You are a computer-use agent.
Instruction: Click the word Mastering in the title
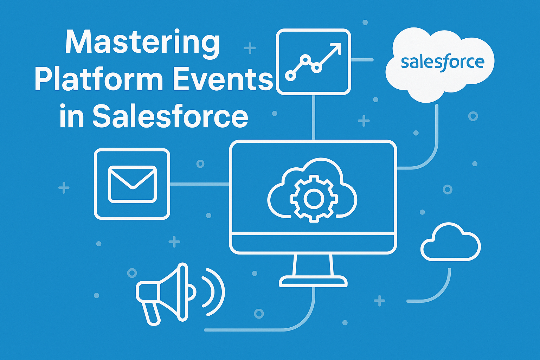[142, 45]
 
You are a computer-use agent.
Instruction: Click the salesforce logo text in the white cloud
[442, 63]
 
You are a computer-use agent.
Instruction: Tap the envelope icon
[132, 184]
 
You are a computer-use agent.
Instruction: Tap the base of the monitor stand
[313, 282]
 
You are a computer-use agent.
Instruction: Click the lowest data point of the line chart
[290, 76]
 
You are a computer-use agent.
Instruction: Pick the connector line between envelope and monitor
[199, 184]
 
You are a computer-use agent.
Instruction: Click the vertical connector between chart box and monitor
[313, 117]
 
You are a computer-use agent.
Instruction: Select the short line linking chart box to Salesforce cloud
[362, 60]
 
